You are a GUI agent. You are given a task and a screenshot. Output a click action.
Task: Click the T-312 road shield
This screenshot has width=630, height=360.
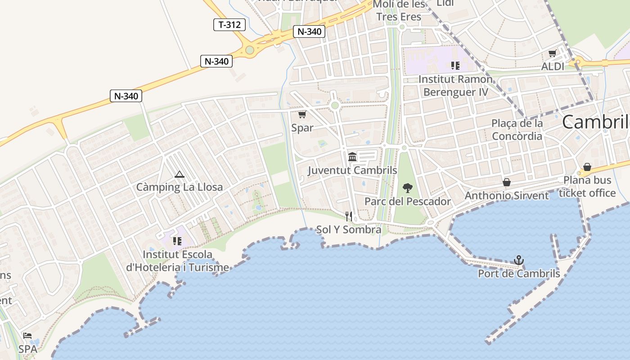pos(229,25)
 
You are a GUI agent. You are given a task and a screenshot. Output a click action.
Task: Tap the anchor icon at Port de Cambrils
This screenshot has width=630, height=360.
pos(519,260)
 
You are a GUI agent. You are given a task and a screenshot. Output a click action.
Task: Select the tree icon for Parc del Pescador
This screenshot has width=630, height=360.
pos(408,188)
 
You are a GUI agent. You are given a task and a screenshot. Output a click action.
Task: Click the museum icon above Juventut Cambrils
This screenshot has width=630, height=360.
pos(352,157)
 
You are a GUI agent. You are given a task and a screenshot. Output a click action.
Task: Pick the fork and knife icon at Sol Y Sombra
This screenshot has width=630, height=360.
pos(348,216)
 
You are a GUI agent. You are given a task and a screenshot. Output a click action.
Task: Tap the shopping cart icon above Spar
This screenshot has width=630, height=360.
pos(302,115)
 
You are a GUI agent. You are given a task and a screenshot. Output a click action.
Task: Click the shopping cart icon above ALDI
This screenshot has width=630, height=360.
pos(552,54)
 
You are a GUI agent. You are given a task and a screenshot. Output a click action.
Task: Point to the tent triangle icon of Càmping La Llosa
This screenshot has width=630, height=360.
pos(179,174)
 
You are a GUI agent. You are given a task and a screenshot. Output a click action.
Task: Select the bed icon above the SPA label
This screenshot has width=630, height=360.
pos(27,336)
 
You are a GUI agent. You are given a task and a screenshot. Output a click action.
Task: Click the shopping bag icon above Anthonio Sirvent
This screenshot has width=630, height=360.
pos(507,182)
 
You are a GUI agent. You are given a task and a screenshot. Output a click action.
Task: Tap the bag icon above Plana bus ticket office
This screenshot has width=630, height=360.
pos(587,167)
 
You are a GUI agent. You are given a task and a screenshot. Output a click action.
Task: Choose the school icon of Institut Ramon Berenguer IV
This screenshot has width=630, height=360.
pos(455,66)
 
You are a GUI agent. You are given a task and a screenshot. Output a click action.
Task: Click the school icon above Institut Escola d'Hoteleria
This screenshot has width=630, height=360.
pos(177,241)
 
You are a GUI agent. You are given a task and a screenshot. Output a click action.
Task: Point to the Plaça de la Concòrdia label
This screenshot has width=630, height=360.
pos(517,129)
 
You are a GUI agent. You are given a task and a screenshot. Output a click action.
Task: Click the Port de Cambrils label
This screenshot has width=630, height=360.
pos(519,274)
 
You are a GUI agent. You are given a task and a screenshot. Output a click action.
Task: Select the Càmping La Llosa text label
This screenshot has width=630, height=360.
pos(180,187)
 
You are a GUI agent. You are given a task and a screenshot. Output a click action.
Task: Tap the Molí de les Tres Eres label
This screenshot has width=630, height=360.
pos(400,11)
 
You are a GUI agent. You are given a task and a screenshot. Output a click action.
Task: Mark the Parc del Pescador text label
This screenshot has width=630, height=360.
pos(407,201)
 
